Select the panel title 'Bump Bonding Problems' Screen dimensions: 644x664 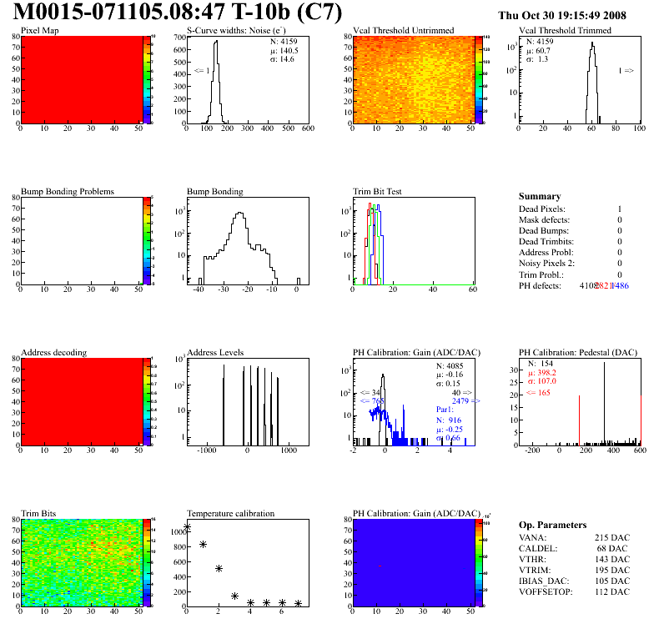pos(68,191)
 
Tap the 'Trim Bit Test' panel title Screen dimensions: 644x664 pos(378,191)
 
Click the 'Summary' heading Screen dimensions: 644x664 pos(540,196)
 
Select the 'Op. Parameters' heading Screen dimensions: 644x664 pos(552,525)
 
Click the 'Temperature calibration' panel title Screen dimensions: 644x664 pos(230,513)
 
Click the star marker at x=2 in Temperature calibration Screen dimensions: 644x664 pos(219,568)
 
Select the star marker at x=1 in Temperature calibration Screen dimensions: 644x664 pos(203,544)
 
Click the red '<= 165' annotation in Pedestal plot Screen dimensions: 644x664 pos(537,392)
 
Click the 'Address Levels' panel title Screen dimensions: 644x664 pos(215,352)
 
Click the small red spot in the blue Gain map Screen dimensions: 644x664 pos(380,566)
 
